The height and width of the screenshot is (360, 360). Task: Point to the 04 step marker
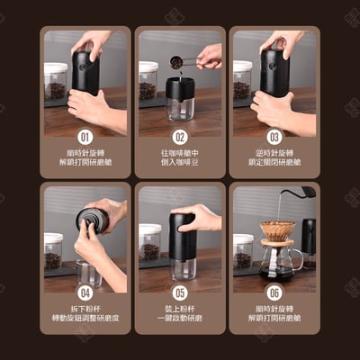85,292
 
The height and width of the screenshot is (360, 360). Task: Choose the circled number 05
180,292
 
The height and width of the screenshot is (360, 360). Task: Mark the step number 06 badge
274,292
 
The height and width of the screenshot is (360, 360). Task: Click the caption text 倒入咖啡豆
180,163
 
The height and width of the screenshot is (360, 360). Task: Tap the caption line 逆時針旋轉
274,153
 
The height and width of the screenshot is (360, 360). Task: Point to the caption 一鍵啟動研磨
180,319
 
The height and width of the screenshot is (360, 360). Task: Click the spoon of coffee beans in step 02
177,62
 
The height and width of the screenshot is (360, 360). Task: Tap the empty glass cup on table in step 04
88,271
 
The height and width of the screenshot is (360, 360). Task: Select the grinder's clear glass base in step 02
180,109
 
